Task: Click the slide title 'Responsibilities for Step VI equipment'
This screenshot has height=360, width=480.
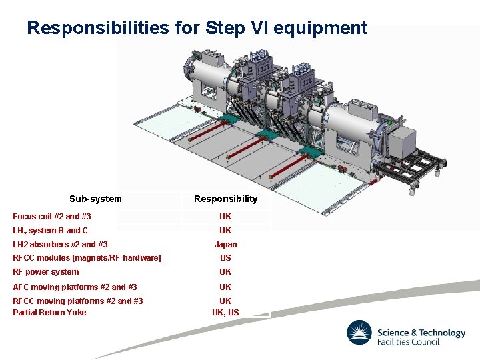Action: pyautogui.click(x=197, y=28)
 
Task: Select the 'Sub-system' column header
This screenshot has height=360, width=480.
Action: pyautogui.click(x=95, y=199)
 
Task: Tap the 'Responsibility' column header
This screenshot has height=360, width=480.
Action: pyautogui.click(x=225, y=199)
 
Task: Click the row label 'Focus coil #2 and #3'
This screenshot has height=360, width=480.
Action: pyautogui.click(x=52, y=217)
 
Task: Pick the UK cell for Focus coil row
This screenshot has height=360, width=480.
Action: pyautogui.click(x=225, y=217)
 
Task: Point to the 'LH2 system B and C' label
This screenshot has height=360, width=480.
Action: pyautogui.click(x=50, y=231)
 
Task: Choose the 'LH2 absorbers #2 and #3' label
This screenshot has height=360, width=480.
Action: pyautogui.click(x=60, y=245)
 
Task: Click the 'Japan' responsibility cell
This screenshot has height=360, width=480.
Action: pyautogui.click(x=225, y=245)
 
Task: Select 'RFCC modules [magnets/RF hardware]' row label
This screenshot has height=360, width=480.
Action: pyautogui.click(x=87, y=258)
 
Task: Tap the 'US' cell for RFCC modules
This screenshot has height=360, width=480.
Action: pyautogui.click(x=225, y=258)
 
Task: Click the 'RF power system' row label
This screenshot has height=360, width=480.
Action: pyautogui.click(x=46, y=272)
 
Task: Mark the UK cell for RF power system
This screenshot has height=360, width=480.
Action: pyautogui.click(x=225, y=272)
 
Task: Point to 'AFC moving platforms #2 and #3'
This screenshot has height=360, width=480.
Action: pyautogui.click(x=75, y=287)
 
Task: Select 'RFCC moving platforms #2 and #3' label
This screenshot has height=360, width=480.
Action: pyautogui.click(x=78, y=301)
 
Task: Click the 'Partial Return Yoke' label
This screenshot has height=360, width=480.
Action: pyautogui.click(x=49, y=313)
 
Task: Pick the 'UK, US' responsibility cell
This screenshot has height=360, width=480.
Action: pyautogui.click(x=225, y=313)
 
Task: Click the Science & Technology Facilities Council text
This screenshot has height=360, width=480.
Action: pyautogui.click(x=421, y=337)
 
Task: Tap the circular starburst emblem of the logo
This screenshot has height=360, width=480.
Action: pyautogui.click(x=359, y=333)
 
